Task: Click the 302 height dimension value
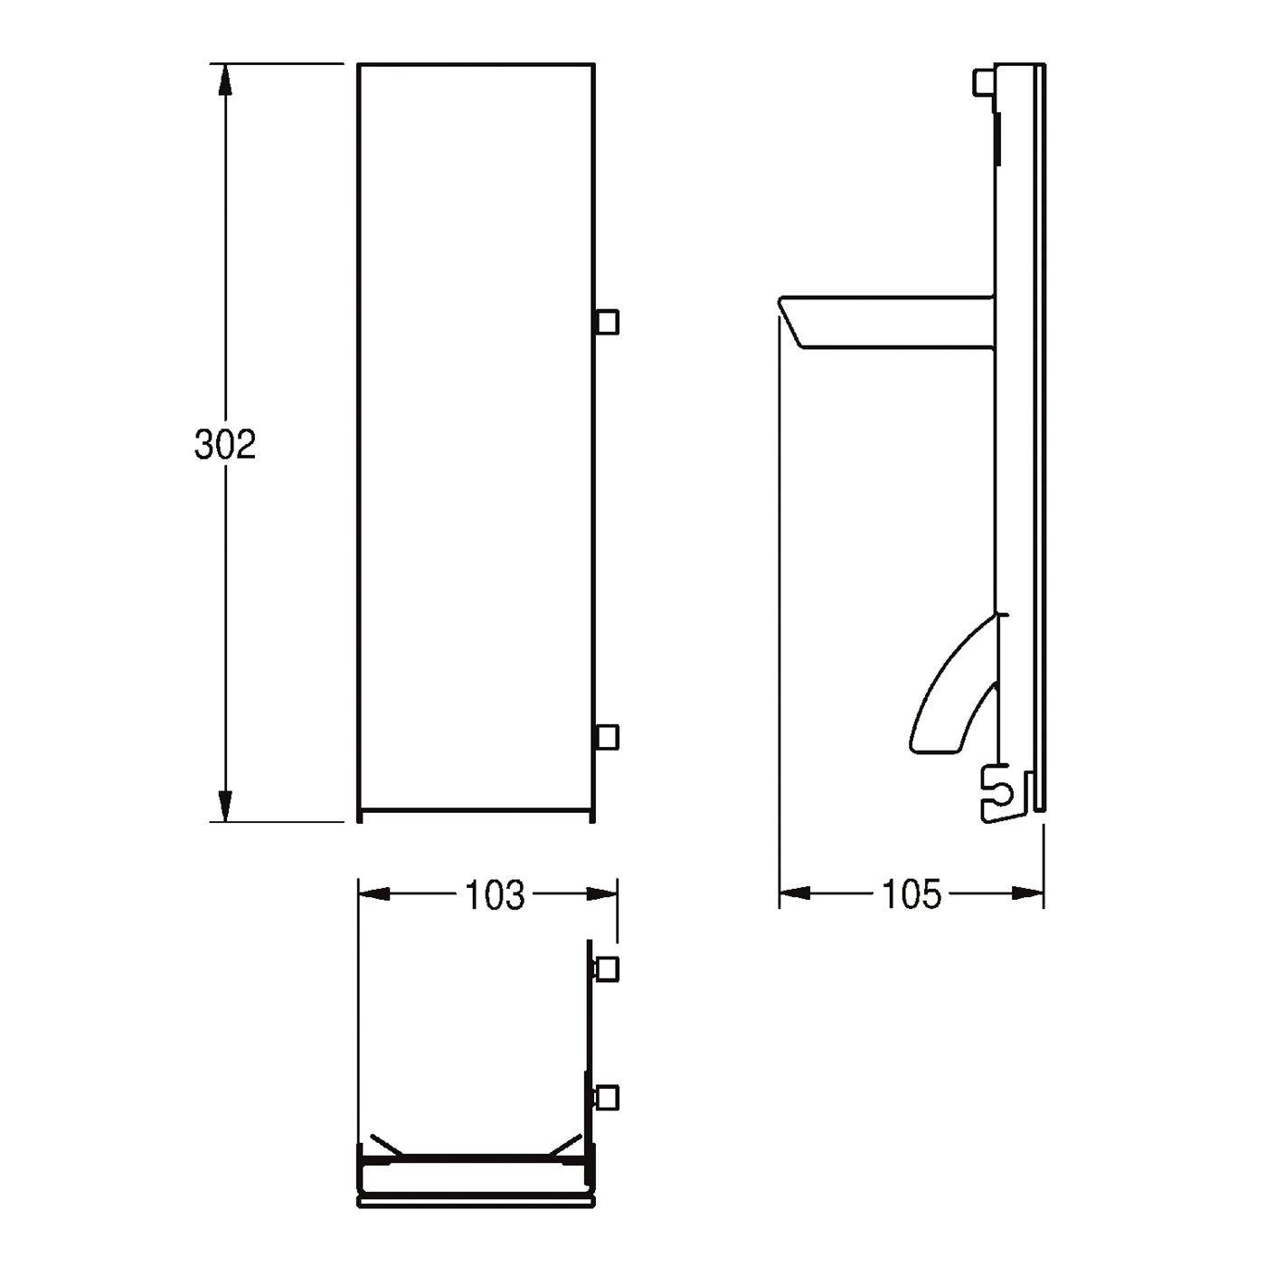[x=224, y=445]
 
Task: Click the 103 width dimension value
[x=495, y=895]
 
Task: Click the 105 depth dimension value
[x=912, y=895]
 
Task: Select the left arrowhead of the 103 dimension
[x=374, y=894]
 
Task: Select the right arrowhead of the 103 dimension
[x=601, y=894]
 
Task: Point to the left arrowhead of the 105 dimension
[x=796, y=893]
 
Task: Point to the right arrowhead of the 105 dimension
[x=1028, y=893]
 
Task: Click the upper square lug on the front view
[x=607, y=322]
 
